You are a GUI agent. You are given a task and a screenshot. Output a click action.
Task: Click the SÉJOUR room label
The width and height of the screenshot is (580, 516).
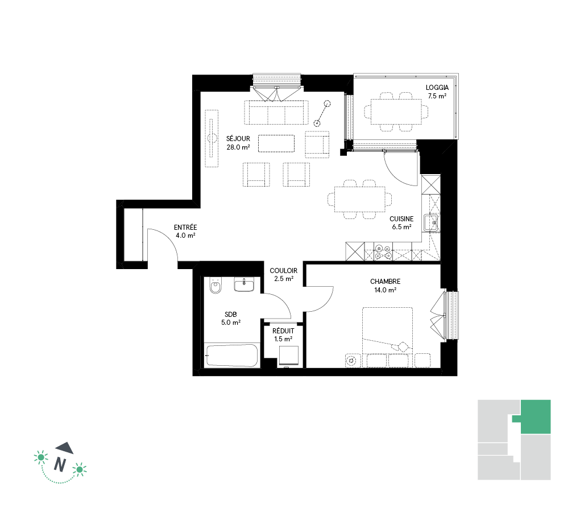click(238, 138)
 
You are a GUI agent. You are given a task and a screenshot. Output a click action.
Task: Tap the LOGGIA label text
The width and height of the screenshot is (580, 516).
click(437, 88)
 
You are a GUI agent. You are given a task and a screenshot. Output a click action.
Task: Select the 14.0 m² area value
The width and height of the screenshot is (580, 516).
click(385, 290)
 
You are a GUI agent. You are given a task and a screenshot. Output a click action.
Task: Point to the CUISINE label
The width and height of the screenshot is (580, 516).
click(401, 219)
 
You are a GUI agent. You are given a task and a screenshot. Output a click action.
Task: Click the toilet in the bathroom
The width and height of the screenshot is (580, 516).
click(215, 286)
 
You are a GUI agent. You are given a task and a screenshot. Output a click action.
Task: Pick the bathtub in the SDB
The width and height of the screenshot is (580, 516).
click(231, 356)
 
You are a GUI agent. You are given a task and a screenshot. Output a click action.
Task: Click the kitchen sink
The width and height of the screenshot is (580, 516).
click(430, 223)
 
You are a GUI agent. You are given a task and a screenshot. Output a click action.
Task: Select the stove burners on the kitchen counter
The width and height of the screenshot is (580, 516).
click(383, 252)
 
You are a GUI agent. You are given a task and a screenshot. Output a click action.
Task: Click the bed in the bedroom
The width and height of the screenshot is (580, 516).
click(387, 337)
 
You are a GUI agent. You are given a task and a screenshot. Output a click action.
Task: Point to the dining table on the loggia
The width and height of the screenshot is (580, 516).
click(396, 112)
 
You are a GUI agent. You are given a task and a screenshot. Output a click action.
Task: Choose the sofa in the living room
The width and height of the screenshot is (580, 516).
click(276, 112)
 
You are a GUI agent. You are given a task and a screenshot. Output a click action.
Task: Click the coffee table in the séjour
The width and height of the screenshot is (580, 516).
click(276, 143)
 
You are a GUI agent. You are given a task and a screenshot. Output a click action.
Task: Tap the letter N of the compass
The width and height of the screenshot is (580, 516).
click(60, 464)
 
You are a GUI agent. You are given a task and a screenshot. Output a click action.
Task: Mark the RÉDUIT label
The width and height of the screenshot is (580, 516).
click(283, 331)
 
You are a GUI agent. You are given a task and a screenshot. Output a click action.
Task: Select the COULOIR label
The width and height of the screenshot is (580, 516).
click(283, 271)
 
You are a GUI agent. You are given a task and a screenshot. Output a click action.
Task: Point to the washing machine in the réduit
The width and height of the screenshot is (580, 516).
click(288, 356)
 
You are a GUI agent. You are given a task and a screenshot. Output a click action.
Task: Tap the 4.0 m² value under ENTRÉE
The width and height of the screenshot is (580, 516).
click(185, 236)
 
